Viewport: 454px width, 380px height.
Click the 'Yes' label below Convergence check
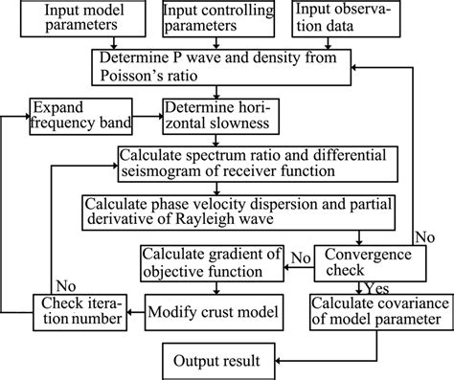(x=376, y=286)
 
